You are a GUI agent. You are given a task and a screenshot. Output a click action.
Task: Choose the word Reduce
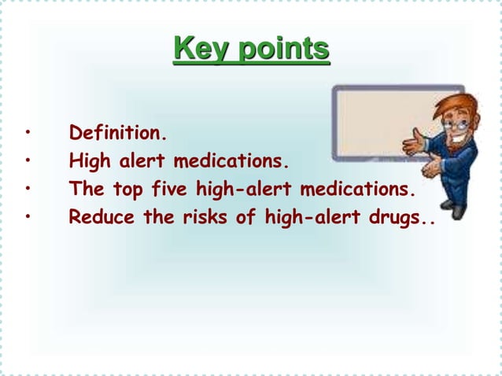pos(94,216)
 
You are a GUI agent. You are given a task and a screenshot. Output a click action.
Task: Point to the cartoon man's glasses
pos(450,123)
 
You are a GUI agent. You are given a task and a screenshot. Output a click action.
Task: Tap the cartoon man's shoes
pos(454,209)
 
